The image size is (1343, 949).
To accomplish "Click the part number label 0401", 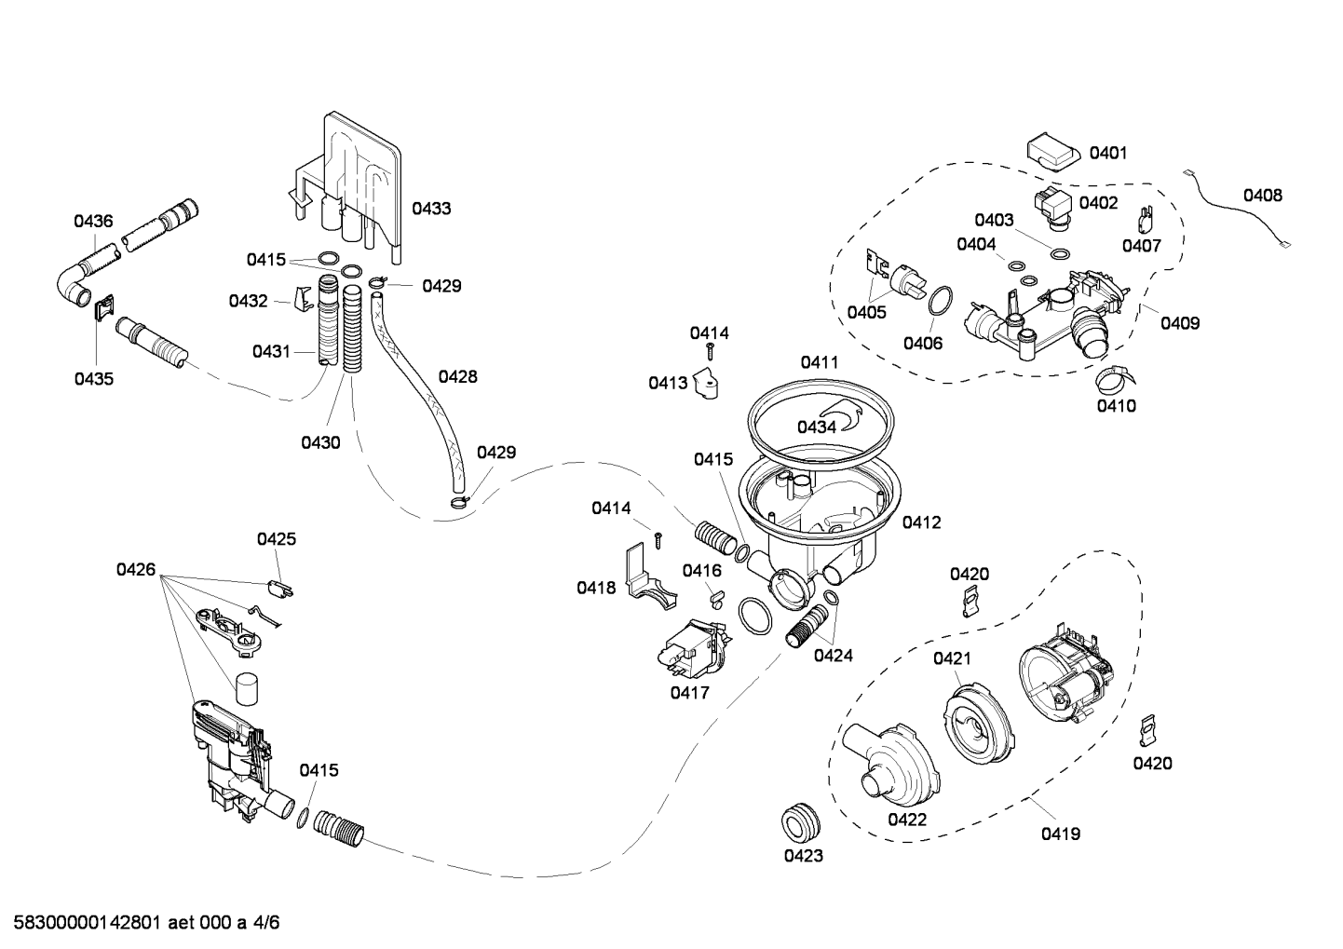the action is pos(1108,153).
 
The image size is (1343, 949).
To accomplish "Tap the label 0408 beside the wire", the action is pos(1263,195).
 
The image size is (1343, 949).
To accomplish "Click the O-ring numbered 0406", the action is pos(941,301).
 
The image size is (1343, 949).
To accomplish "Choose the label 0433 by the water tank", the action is pos(431,209).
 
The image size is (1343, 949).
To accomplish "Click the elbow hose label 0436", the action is pos(93,222).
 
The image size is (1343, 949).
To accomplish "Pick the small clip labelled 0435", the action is pos(104,307).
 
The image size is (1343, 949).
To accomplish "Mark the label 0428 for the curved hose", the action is pos(458,376).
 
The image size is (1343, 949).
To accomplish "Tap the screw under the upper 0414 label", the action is pos(711,352).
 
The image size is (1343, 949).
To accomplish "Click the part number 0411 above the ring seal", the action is pos(820,362).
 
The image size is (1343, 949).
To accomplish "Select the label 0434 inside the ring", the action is pos(817,427).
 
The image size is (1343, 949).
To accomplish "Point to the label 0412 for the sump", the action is pos(921,522).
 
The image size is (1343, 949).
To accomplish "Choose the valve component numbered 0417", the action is pos(694,649).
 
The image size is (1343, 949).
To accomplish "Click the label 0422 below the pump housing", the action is pos(907,820).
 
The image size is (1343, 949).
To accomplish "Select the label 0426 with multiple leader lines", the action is pos(135,570).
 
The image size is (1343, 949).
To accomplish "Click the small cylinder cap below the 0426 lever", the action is pos(246,689).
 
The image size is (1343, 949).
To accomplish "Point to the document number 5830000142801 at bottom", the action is pos(88,923).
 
